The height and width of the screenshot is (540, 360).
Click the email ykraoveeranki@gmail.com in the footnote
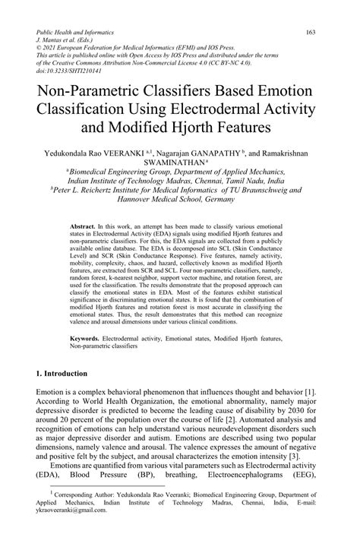point(72,531)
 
